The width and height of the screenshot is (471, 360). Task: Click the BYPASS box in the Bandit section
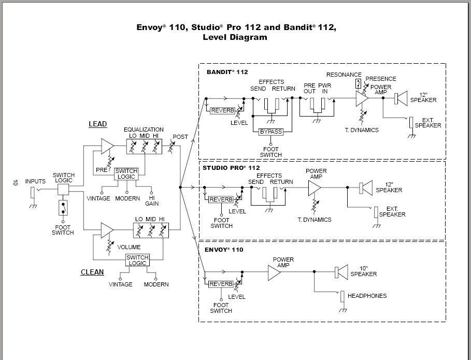(x=271, y=132)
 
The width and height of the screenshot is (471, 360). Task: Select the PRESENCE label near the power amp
(x=381, y=79)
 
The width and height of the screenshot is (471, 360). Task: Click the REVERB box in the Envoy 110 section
(x=221, y=284)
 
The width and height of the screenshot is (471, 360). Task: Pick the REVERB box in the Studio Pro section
(x=221, y=199)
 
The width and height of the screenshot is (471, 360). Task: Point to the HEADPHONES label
(x=367, y=296)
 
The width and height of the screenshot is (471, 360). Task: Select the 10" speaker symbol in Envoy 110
(x=341, y=271)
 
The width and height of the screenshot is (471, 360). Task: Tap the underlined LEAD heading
(x=97, y=124)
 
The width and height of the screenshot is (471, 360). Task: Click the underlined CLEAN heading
(x=92, y=272)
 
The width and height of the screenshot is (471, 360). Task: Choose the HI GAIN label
(x=152, y=200)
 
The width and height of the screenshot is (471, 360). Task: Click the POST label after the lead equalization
(x=181, y=137)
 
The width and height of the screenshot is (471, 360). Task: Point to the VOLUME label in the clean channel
(x=129, y=247)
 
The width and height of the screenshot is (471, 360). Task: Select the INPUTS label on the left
(x=35, y=181)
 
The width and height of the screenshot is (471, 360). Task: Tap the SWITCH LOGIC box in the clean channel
(x=137, y=260)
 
